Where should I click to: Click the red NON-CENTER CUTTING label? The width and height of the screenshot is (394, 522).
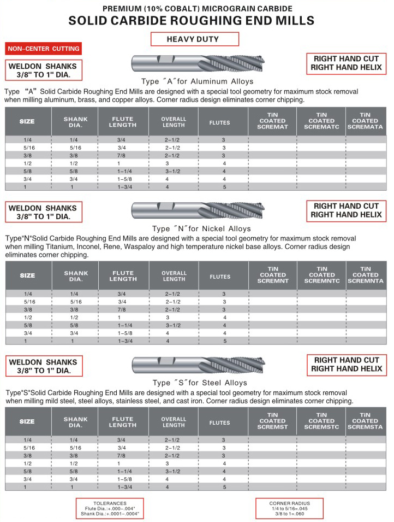(x=44, y=49)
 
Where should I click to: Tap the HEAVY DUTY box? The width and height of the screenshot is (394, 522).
(x=194, y=39)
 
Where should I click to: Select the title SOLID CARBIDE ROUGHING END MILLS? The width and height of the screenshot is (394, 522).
(x=192, y=21)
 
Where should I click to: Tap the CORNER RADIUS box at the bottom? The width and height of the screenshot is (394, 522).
(x=290, y=508)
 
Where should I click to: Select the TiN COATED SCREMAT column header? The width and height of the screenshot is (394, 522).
(x=272, y=121)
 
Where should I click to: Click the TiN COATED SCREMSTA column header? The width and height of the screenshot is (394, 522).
(x=365, y=421)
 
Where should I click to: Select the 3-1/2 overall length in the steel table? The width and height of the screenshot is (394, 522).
(x=174, y=471)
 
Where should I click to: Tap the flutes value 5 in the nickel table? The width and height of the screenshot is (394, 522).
(x=224, y=341)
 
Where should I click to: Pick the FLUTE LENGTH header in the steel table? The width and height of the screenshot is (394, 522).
(x=123, y=421)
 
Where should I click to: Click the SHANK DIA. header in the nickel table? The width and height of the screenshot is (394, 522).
(x=76, y=276)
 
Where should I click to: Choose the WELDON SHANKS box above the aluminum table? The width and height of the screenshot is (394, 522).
(x=44, y=70)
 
